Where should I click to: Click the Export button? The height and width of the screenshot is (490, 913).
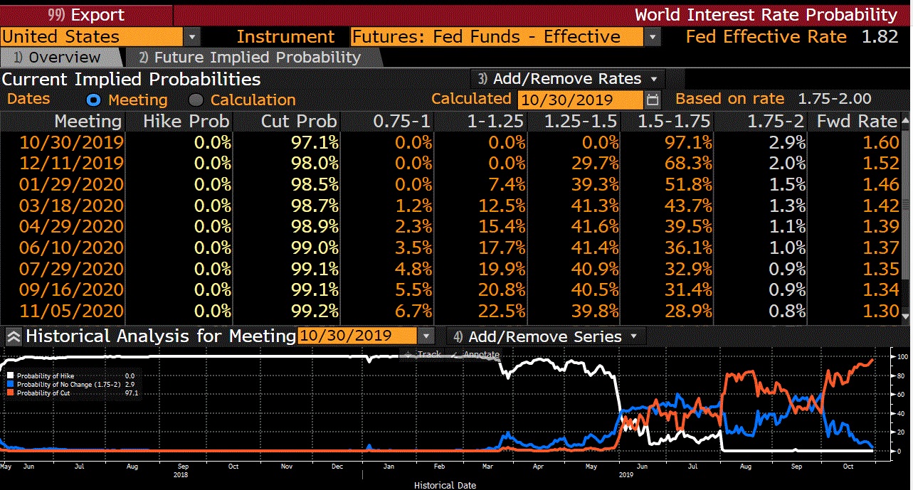tap(86, 15)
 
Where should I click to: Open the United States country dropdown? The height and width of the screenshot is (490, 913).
tap(192, 37)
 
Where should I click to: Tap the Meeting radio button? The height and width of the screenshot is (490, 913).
tap(94, 100)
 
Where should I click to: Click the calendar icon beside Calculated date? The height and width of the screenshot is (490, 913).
tap(653, 100)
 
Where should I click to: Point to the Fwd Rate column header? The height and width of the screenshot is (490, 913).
tap(857, 121)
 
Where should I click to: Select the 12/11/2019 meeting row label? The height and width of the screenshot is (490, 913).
tap(71, 164)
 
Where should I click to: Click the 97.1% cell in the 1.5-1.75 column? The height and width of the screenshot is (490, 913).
tap(688, 142)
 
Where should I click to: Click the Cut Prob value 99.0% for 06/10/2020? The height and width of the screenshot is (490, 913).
tap(315, 247)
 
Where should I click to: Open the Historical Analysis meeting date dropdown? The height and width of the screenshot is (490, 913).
tap(426, 336)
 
